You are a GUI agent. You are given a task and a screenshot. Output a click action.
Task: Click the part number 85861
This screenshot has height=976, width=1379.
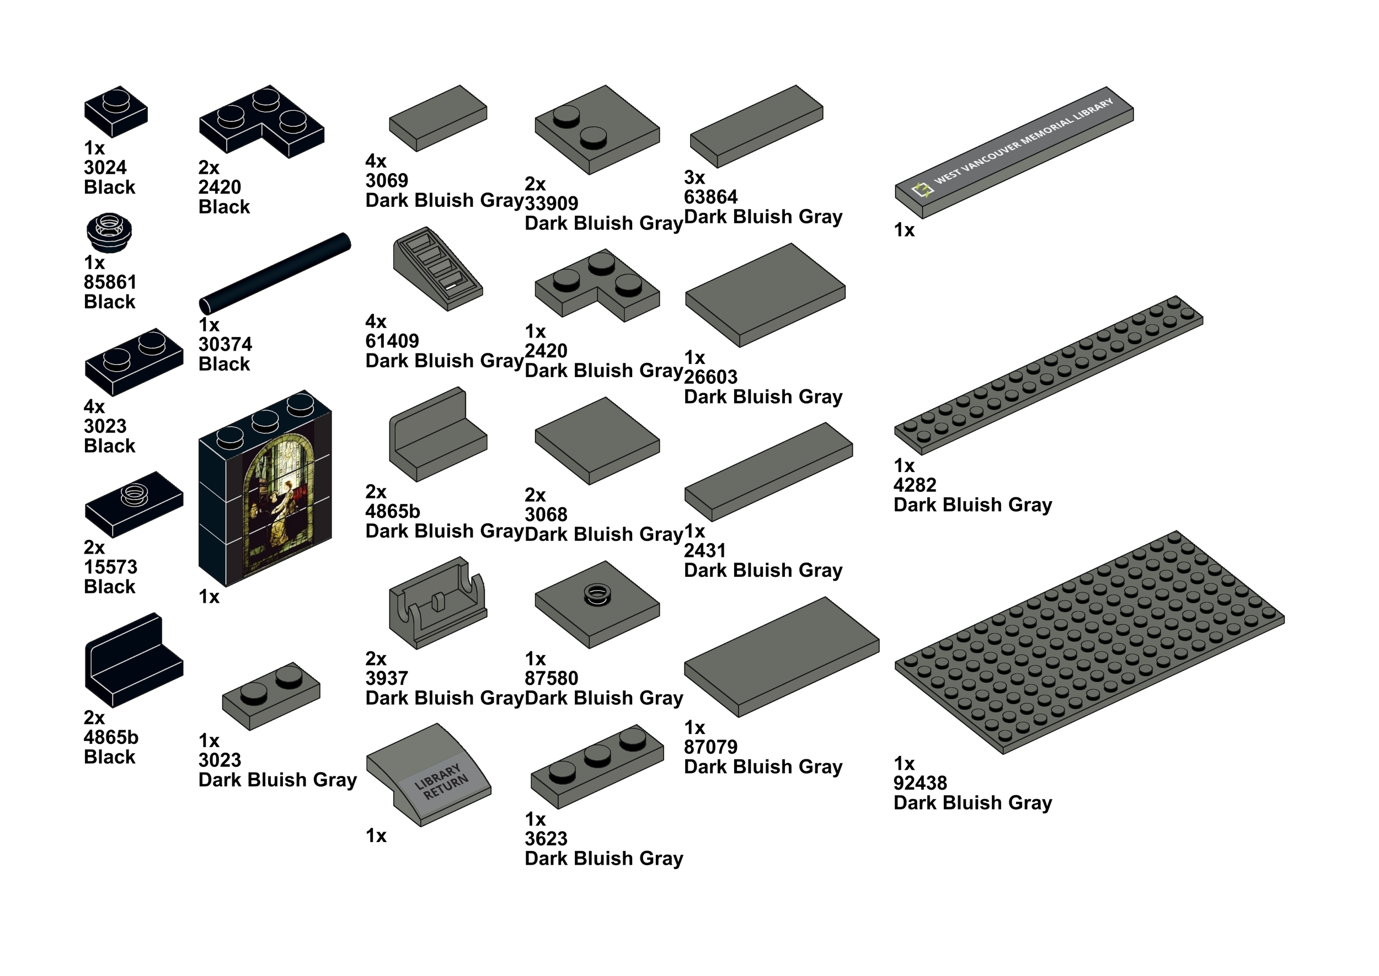[x=110, y=282]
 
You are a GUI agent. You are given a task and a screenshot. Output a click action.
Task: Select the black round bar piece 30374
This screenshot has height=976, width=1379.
[x=275, y=274]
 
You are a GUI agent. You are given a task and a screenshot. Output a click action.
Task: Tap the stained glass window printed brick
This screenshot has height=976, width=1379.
[x=265, y=489]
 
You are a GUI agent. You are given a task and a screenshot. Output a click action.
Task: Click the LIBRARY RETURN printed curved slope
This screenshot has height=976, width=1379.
[x=429, y=775]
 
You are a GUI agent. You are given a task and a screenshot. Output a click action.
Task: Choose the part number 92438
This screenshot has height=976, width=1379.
[x=920, y=783]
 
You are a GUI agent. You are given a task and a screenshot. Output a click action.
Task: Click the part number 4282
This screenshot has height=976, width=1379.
[x=915, y=485]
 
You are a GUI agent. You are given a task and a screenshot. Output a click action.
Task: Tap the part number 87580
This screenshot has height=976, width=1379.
[x=551, y=678]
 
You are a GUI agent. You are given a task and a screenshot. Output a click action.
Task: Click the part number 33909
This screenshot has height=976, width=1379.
[x=551, y=203]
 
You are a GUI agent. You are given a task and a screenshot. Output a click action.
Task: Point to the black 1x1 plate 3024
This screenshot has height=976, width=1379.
[x=115, y=111]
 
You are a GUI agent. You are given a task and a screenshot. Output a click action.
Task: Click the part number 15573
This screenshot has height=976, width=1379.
[x=111, y=567]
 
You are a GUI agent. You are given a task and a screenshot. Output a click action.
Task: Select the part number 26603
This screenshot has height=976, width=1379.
[x=710, y=377]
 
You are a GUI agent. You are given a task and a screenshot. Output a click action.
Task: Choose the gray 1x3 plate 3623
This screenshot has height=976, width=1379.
[x=596, y=766]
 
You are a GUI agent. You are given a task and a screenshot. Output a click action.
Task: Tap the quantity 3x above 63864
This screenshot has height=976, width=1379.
[x=694, y=178]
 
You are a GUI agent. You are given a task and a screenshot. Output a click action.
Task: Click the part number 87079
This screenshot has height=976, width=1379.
[x=710, y=747]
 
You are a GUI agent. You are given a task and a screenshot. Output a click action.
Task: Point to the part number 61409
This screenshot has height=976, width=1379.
[x=392, y=341]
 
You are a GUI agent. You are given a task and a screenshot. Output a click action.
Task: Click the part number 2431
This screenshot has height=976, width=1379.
[x=705, y=550]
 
